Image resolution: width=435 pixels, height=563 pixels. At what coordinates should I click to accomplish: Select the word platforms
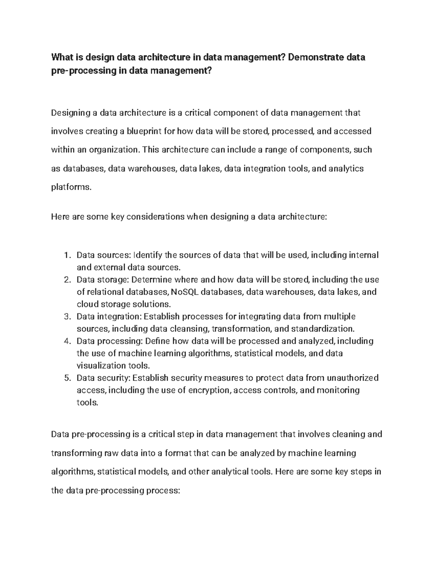pyautogui.click(x=69, y=187)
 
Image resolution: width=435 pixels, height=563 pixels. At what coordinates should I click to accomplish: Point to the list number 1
pyautogui.click(x=66, y=255)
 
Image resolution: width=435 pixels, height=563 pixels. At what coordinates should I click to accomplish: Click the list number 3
pyautogui.click(x=66, y=317)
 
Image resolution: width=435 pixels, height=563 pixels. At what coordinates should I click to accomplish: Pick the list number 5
pyautogui.click(x=66, y=378)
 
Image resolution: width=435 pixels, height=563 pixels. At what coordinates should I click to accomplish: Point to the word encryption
pyautogui.click(x=208, y=390)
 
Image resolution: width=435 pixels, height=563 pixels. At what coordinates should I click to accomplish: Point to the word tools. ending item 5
pyautogui.click(x=87, y=402)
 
